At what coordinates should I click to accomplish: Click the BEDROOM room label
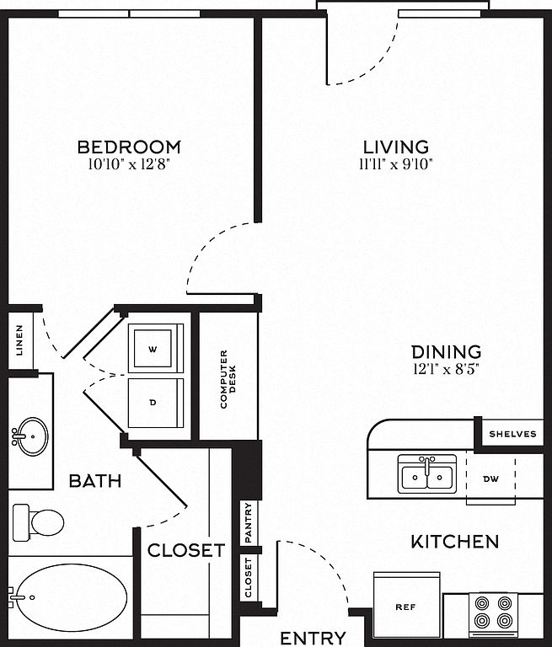click(129, 147)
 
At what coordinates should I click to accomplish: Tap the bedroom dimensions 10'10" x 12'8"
click(129, 164)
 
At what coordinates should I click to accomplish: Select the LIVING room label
click(396, 147)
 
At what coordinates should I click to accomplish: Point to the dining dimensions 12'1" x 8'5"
click(446, 368)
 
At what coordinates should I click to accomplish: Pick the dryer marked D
click(156, 404)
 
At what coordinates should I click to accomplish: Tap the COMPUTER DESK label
click(228, 379)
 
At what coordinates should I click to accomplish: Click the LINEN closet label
click(19, 340)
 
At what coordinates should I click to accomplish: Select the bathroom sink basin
click(31, 436)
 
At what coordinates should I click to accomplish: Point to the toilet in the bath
click(38, 522)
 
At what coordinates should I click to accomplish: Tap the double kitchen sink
click(427, 474)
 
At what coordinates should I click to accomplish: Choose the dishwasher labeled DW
click(490, 479)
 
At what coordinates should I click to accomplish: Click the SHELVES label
click(512, 434)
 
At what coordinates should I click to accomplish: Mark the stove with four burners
click(493, 614)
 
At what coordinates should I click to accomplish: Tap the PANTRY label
click(248, 522)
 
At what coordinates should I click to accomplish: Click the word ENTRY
click(313, 638)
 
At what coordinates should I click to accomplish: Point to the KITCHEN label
click(454, 542)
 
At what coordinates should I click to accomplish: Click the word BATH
click(95, 481)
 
